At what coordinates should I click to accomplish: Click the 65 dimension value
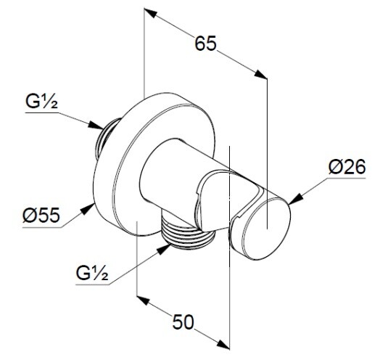point(206,44)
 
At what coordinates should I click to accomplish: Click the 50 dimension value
point(183,322)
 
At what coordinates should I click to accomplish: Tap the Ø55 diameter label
point(41,215)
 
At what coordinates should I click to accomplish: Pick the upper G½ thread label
point(41,102)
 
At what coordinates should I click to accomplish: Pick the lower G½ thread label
point(92,273)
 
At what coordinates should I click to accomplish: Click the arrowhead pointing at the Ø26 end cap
point(296,200)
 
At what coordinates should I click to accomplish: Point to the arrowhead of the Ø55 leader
point(88,210)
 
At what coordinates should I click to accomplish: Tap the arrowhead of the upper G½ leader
point(96,125)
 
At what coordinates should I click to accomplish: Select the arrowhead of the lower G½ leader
point(163,249)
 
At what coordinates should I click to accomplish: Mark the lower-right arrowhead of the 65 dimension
point(261,75)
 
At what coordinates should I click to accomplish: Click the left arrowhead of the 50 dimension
point(144,300)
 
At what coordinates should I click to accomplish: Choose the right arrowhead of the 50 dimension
point(223,344)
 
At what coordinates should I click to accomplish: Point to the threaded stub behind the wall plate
point(106,139)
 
